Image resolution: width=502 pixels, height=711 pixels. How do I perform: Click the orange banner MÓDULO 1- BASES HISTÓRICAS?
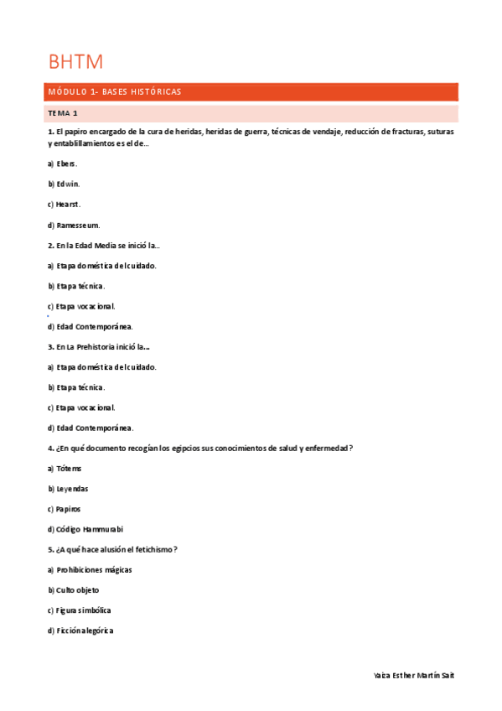pos(115,91)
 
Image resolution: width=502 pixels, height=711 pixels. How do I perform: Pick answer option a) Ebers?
pos(62,163)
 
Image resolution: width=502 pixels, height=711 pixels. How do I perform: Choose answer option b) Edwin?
pos(64,184)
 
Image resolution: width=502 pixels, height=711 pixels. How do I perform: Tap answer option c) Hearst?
pos(64,204)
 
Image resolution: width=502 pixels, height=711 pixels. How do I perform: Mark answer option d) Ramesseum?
pos(74,225)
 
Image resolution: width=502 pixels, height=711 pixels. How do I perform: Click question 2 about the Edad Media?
pos(104,245)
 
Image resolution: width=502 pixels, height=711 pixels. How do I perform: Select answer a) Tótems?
pos(65,469)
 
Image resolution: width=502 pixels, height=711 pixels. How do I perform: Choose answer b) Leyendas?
pos(68,489)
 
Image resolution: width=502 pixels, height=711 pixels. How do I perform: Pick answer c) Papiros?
pos(65,509)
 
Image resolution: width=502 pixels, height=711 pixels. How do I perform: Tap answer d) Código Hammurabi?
pos(85,529)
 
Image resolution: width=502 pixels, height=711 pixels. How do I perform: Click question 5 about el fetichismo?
pos(112,549)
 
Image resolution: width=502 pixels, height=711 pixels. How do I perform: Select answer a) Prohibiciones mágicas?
pos(90,570)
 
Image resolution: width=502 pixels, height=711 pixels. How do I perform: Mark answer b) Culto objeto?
pos(74,590)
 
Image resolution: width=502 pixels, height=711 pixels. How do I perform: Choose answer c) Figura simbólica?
pos(80,610)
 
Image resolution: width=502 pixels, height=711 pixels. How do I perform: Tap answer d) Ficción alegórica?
pos(80,631)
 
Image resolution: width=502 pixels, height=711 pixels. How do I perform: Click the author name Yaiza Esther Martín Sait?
pos(414,676)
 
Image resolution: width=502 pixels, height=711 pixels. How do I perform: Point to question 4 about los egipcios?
pos(200,448)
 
